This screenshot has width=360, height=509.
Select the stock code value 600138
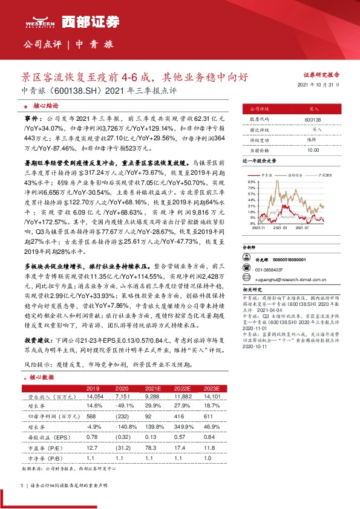click(314, 120)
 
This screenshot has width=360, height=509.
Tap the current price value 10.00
click(313, 149)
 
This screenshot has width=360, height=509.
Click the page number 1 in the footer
click(22, 485)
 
